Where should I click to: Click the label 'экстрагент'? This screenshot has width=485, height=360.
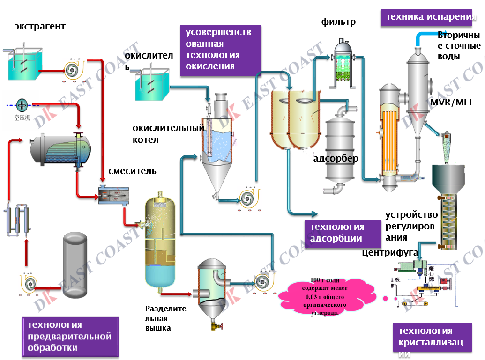pos(40,27)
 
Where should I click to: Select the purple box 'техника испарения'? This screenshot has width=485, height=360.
pos(427,17)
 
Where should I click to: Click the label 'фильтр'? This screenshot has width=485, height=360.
pos(338,22)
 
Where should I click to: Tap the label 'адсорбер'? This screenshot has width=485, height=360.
pos(336,158)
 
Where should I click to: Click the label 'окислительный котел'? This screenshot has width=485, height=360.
pos(168,133)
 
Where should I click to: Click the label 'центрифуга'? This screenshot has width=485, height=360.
pos(390,253)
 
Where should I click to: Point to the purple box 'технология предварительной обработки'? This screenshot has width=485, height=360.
pos(69,336)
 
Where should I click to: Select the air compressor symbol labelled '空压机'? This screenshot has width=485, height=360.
pos(22,105)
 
